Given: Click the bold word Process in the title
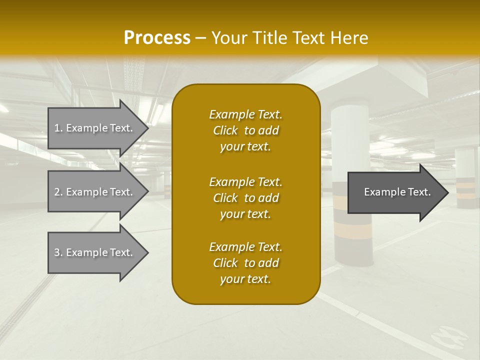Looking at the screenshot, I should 157,37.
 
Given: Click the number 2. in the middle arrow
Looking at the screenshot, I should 58,192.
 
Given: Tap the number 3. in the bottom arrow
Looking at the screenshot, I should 58,252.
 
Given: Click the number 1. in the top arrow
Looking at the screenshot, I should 58,128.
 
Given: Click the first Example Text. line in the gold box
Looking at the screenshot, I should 245,114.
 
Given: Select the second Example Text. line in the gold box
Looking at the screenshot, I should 245,181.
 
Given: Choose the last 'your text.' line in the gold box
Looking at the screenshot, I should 245,279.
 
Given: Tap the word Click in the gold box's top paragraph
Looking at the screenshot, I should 225,131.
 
